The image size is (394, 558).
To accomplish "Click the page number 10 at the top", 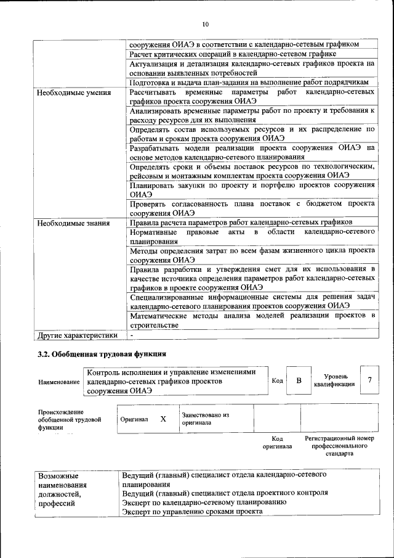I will pos(205,24).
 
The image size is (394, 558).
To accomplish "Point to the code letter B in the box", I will pos(299,380).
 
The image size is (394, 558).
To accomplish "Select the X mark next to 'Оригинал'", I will pos(163,419).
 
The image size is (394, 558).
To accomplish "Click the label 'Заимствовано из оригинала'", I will pos(205,419).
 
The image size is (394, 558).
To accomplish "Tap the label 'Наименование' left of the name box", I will pos(59,382).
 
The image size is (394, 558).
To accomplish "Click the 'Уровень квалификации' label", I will pos(334,380).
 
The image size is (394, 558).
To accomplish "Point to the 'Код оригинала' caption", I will pos(277,442).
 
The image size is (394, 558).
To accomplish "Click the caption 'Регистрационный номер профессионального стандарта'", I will pos(339,445).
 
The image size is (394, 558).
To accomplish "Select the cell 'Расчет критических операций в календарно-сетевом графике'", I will pos(233,54).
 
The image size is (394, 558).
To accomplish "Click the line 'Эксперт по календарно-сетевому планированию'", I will pos(204,502).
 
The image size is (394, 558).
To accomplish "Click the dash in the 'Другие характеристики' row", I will pos(132,335).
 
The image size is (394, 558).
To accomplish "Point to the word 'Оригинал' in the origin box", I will pos(134,419).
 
